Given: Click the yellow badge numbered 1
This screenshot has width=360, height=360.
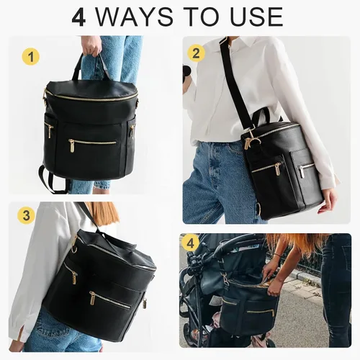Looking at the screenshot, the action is [x=31, y=57].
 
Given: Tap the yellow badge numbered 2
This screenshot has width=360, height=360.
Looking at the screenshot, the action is [x=196, y=53].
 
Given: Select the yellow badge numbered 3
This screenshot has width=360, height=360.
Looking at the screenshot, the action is [x=26, y=215].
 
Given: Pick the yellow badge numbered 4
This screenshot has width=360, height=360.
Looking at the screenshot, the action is [x=190, y=243].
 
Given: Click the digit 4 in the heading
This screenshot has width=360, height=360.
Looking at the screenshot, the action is [x=78, y=17].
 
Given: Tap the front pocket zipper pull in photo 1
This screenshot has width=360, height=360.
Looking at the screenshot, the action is [x=71, y=145].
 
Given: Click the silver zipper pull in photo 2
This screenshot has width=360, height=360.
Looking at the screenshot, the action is [x=302, y=171].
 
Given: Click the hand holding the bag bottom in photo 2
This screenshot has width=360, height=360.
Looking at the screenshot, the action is [x=327, y=200].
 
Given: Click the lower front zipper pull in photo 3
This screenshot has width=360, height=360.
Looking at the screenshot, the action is [x=93, y=298].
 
